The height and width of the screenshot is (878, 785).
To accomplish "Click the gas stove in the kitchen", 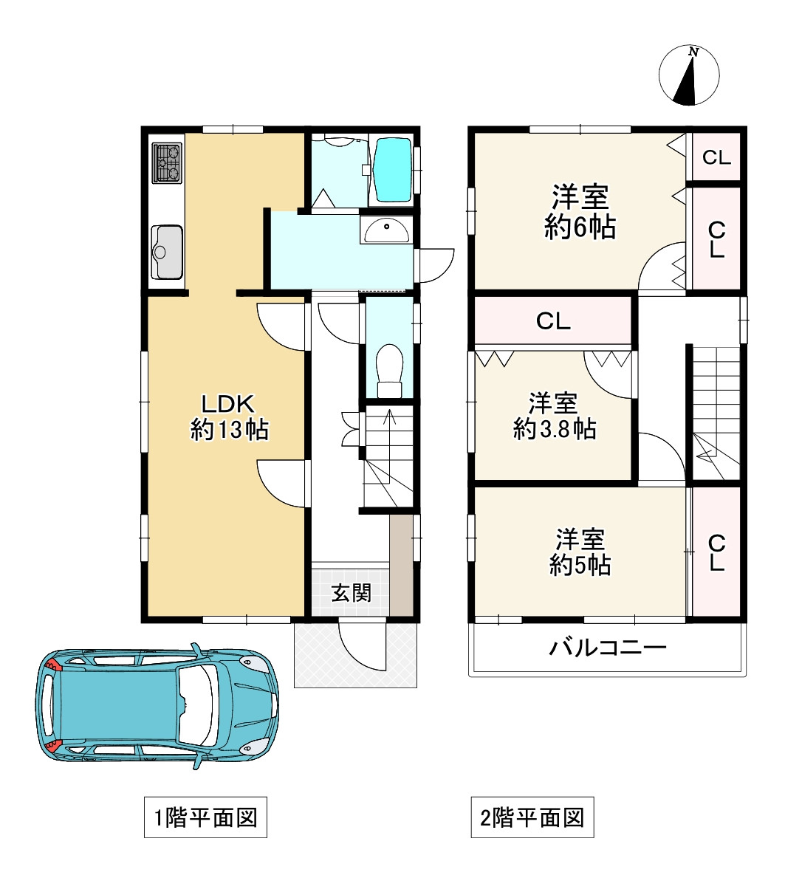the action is pos(167,163).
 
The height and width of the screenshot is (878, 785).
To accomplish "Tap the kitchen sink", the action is pos(167,252).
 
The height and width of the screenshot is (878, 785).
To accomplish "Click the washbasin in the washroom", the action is pos(385,230).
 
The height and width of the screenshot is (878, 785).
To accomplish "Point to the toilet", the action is pos(390,370).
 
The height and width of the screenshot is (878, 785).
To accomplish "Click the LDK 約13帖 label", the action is pos(229,416).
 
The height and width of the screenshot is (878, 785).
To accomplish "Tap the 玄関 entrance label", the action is pos(351,593).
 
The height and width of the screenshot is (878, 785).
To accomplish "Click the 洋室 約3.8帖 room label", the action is pos(555,416).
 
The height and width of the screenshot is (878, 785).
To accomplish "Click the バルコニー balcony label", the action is pos(607,648).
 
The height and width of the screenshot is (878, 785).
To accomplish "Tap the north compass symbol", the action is pos(689,75).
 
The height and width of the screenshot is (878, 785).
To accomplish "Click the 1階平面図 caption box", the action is pos(205,817).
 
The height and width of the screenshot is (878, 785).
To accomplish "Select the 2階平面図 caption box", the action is pos(532,817).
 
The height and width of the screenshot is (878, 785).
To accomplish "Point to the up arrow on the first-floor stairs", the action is pos(390,425).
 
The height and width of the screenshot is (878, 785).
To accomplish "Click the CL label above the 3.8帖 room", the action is pos(553,321).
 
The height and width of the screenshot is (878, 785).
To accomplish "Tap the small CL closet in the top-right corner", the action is pos(716,157).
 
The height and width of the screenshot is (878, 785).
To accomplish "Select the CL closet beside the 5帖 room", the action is pos(716,552).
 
